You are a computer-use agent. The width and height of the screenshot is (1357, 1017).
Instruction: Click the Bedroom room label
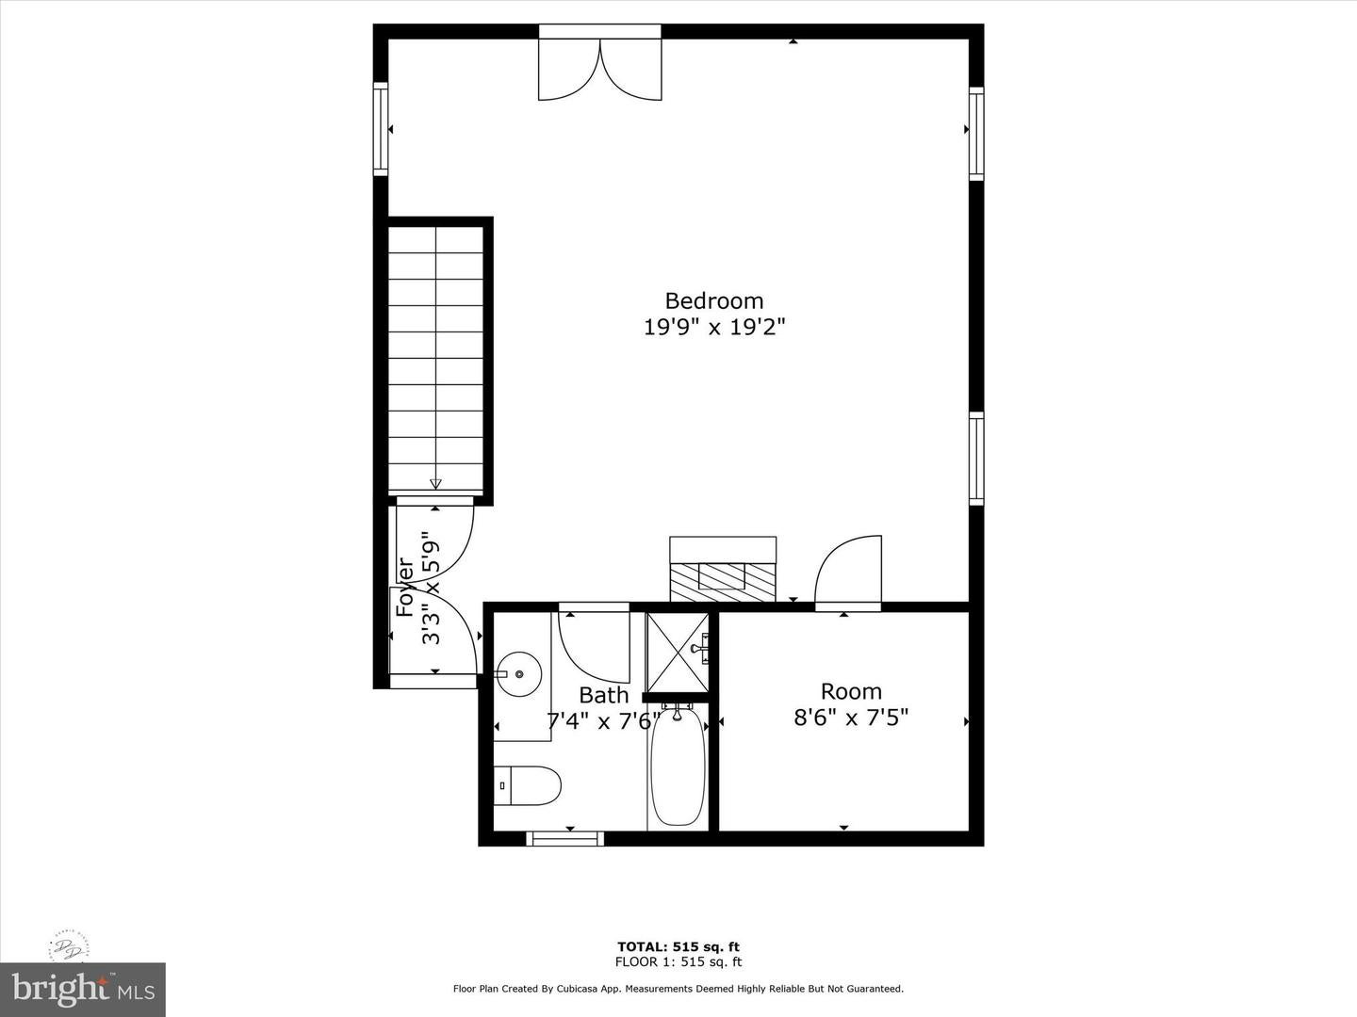click(x=713, y=300)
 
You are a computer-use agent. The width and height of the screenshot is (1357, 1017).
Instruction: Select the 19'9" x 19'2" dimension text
click(x=713, y=328)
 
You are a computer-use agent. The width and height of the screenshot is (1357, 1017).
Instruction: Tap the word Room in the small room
click(x=851, y=692)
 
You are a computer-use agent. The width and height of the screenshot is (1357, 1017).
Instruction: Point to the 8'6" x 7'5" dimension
click(x=851, y=718)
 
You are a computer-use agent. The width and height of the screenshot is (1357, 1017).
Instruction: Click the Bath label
click(x=603, y=696)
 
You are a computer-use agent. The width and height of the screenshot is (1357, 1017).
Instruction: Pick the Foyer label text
click(x=406, y=589)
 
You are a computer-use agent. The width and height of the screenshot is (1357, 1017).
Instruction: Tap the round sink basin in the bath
click(x=517, y=674)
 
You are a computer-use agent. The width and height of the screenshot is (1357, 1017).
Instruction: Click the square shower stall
click(x=676, y=651)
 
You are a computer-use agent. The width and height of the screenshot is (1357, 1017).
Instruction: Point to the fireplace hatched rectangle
click(x=723, y=576)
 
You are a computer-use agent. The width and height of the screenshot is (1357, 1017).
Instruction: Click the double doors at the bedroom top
click(x=600, y=68)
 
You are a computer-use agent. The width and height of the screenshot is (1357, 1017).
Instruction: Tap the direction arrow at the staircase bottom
click(x=435, y=483)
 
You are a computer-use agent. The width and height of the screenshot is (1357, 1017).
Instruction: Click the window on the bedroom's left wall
click(x=381, y=129)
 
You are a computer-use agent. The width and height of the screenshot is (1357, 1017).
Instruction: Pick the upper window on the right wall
click(x=976, y=133)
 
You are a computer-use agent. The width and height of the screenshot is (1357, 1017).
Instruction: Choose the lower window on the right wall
click(x=976, y=459)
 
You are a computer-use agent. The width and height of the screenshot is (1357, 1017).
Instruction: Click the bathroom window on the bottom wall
click(x=564, y=838)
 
